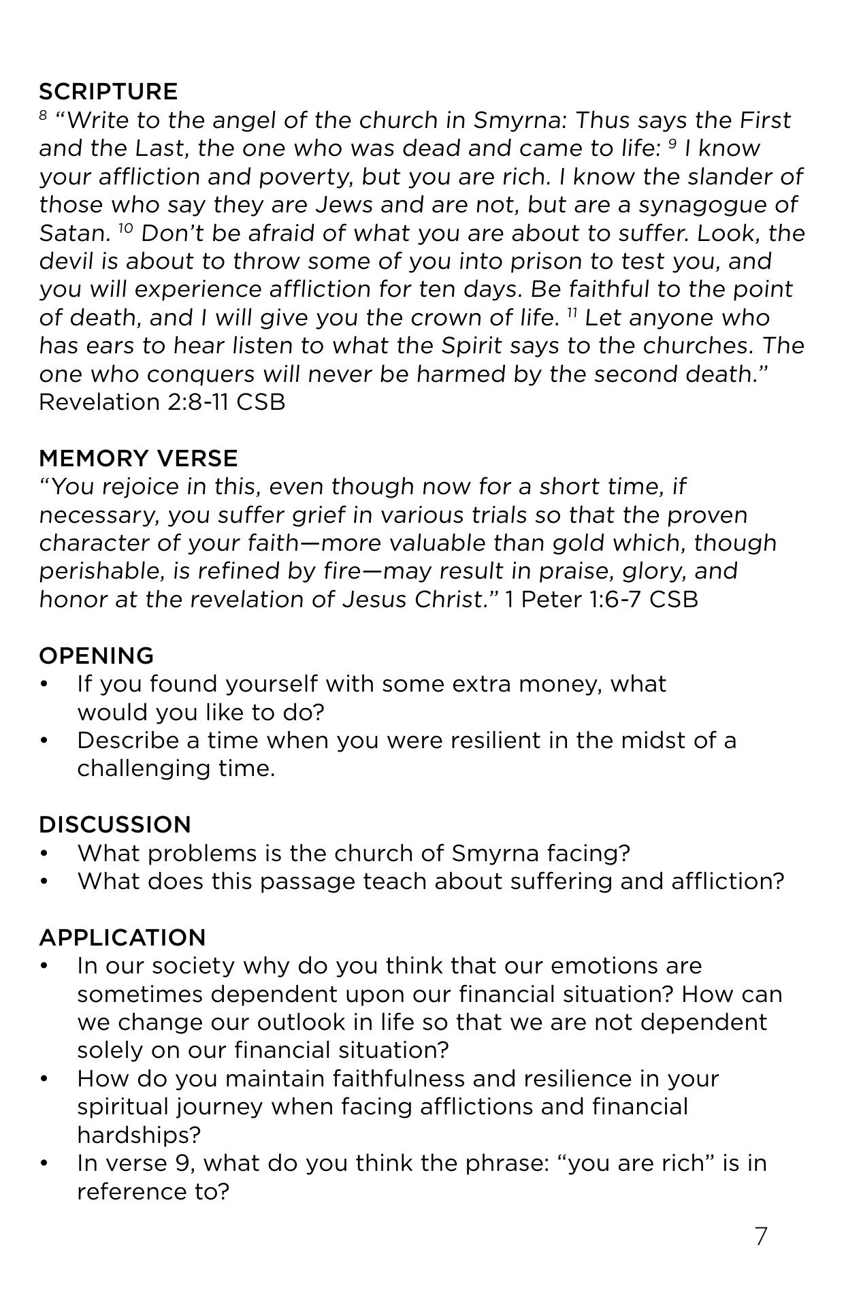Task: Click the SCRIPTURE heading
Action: click(x=108, y=92)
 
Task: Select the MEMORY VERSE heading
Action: click(x=138, y=458)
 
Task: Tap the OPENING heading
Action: click(x=96, y=656)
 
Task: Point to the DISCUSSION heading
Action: click(x=115, y=824)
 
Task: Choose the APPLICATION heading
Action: click(x=122, y=937)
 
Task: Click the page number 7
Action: click(x=761, y=1236)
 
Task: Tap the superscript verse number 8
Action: click(x=44, y=115)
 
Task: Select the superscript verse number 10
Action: click(x=125, y=228)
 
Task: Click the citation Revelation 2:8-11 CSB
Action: click(x=162, y=402)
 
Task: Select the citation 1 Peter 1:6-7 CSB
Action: click(x=602, y=600)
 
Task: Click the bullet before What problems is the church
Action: click(x=45, y=854)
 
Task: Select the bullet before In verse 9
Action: click(x=45, y=1163)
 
